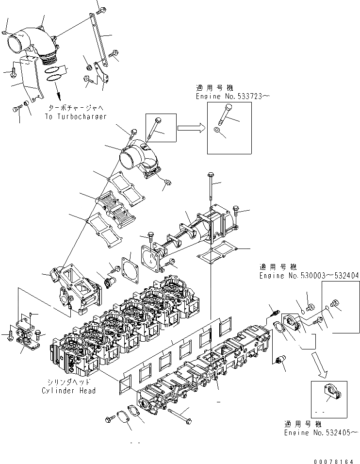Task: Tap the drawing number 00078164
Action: pos(334,457)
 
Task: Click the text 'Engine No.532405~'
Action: pos(321,431)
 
